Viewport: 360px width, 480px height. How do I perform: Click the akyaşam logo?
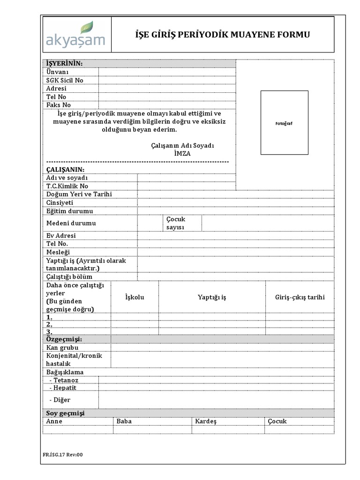[x=75, y=35]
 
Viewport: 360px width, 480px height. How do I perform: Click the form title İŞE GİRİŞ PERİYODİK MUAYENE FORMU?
[x=222, y=35]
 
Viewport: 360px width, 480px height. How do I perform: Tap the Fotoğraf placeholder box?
[x=284, y=123]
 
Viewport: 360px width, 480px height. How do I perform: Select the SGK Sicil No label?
[x=65, y=80]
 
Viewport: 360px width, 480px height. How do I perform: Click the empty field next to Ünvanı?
[x=166, y=72]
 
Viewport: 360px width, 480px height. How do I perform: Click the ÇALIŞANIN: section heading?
[x=65, y=169]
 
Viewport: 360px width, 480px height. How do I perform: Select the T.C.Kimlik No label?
[x=67, y=186]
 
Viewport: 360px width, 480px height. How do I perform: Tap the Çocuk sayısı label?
[x=176, y=223]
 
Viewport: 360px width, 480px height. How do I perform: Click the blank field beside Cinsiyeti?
[x=235, y=202]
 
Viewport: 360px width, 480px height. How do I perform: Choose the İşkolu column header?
[x=135, y=297]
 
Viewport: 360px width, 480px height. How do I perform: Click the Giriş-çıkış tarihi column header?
[x=300, y=297]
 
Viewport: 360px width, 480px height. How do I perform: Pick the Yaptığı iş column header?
[x=212, y=297]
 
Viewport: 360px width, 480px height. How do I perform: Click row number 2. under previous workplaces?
[x=49, y=324]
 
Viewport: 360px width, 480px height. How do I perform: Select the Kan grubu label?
[x=62, y=348]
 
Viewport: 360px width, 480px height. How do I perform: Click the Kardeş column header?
[x=206, y=421]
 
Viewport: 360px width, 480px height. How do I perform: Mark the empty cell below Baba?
[x=152, y=429]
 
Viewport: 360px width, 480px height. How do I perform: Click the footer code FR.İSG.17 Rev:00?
[x=62, y=454]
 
